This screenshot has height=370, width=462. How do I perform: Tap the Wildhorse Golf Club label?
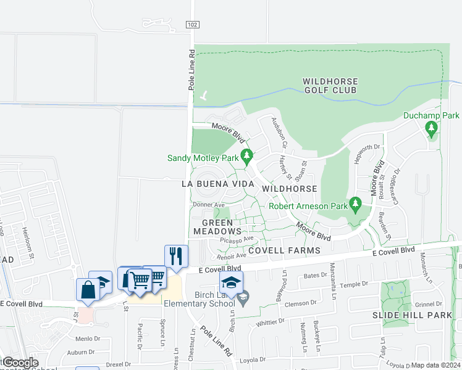pos(330,86)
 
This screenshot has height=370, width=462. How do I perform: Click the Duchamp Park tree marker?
pos(431,129)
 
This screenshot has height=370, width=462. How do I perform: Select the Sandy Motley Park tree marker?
pos(246,155)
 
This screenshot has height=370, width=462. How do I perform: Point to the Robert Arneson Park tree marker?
pos(355,203)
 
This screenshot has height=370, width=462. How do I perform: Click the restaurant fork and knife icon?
pos(176,255)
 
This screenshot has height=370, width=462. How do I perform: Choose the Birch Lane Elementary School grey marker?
pos(244,297)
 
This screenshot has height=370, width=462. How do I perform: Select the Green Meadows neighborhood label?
pos(213,227)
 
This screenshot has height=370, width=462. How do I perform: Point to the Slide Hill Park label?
pos(404,315)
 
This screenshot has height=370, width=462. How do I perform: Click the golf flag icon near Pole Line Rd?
pos(204,96)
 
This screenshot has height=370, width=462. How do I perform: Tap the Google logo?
pos(20,363)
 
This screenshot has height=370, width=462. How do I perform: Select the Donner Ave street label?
pos(208,204)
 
